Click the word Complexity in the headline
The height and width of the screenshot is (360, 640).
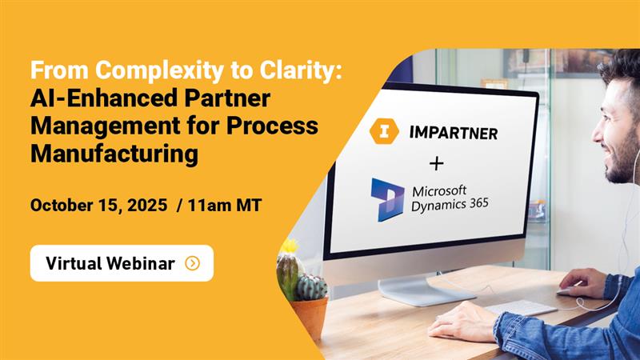click(x=159, y=70)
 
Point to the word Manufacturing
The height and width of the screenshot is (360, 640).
click(x=114, y=154)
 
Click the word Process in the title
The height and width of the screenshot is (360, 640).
click(x=272, y=126)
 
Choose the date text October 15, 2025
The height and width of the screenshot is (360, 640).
click(x=98, y=205)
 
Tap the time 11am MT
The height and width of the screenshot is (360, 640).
click(x=225, y=205)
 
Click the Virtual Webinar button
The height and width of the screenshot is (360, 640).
click(x=122, y=263)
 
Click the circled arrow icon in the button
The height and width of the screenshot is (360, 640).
click(x=192, y=263)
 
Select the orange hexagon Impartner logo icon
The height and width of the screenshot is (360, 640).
click(x=384, y=131)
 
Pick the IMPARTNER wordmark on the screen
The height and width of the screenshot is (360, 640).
click(x=453, y=133)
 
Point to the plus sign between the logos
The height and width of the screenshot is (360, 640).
click(x=436, y=164)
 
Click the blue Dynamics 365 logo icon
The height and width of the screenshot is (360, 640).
click(x=387, y=200)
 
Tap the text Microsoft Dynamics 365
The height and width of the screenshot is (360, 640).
click(x=450, y=198)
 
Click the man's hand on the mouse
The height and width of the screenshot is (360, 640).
click(x=582, y=282)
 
